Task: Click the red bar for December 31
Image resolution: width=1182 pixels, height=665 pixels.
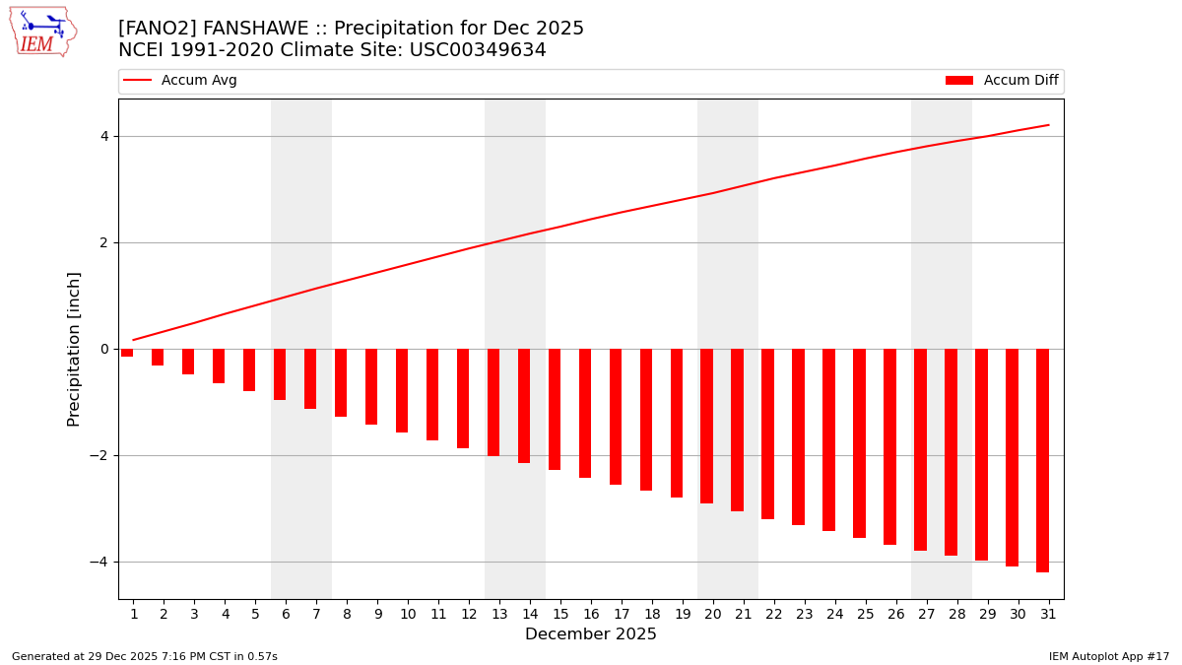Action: [x=1042, y=460]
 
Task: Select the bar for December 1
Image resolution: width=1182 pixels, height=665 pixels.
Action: [x=127, y=353]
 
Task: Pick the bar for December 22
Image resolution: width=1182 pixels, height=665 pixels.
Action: [x=767, y=433]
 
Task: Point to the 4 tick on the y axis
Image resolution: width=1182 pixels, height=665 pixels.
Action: [x=104, y=136]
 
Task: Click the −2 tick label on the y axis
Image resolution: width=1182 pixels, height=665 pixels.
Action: [x=99, y=455]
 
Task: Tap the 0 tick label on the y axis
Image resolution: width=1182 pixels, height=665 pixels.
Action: [x=104, y=349]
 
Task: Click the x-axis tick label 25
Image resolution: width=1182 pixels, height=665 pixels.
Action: [x=866, y=614]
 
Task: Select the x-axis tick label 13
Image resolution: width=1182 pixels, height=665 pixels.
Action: [x=499, y=614]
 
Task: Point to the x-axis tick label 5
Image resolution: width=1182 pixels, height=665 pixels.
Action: [x=255, y=614]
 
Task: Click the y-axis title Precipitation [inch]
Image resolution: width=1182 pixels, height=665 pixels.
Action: [x=75, y=349]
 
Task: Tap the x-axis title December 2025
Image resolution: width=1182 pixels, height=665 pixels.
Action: [x=590, y=634]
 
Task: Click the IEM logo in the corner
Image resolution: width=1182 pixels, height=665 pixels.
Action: [x=42, y=32]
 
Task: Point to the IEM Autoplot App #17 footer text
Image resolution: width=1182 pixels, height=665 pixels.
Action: [x=1108, y=656]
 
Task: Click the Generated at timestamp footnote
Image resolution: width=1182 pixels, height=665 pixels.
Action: [x=145, y=656]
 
